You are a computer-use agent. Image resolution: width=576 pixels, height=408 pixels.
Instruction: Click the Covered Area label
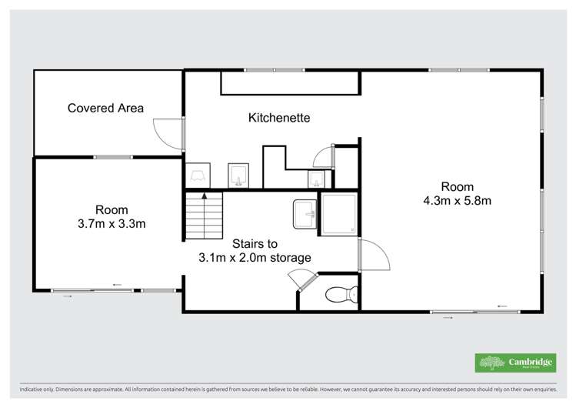[105, 108]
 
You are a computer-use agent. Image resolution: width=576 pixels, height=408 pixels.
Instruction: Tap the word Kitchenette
[278, 118]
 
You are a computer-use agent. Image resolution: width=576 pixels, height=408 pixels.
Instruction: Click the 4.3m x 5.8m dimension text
[457, 201]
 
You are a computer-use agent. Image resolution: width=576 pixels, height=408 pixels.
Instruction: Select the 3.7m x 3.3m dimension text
[112, 224]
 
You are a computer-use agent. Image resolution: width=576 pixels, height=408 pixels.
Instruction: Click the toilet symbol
[340, 293]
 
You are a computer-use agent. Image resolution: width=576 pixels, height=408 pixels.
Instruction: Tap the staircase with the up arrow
[204, 215]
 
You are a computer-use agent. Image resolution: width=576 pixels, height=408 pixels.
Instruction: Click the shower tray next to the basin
[338, 213]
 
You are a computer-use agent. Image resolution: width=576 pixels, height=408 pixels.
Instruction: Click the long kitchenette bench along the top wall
[290, 82]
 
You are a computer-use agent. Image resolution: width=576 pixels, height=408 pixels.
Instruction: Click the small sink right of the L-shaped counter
[316, 179]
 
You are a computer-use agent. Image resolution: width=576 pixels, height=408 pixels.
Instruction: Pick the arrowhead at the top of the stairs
[204, 196]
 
